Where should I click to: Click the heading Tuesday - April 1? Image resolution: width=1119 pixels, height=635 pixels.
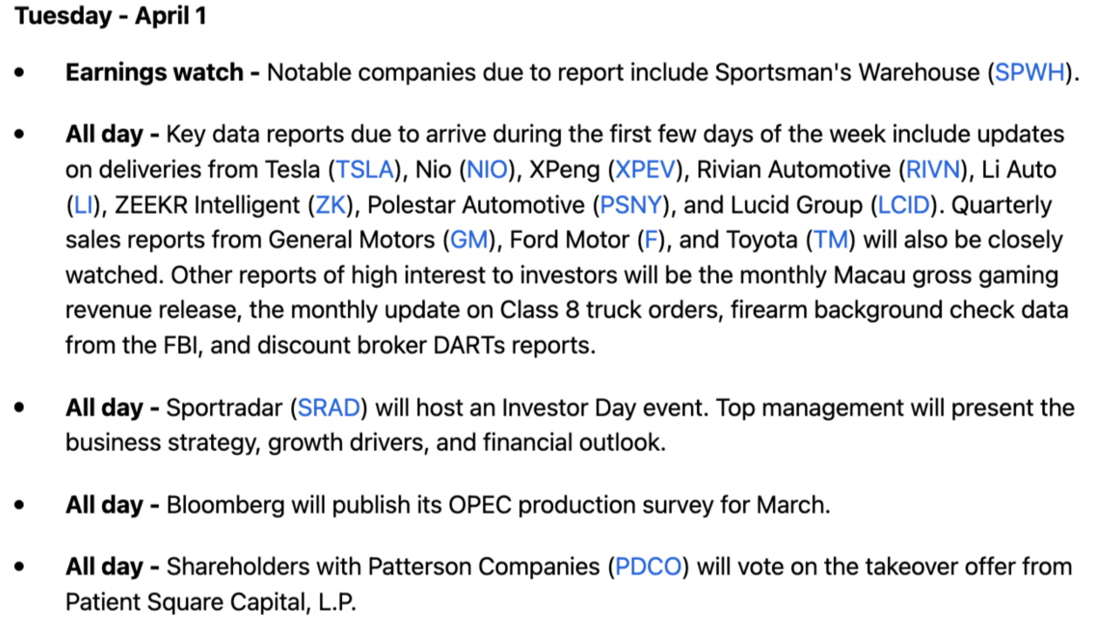pos(111,16)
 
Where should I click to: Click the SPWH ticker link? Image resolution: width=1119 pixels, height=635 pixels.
pos(1029,72)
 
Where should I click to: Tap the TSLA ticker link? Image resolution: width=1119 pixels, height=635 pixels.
pos(365,169)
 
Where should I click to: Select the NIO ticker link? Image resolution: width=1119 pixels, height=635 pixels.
pos(487,169)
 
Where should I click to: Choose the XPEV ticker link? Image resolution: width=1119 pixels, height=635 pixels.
pos(645,169)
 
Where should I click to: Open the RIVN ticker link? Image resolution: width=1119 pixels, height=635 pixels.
pos(932,169)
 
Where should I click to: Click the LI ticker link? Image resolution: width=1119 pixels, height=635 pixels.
pos(83,205)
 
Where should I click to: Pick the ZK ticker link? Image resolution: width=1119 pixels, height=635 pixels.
pos(331,205)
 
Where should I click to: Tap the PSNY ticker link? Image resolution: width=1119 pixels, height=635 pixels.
pos(631,205)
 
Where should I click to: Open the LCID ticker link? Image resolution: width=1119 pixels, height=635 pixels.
pos(904,205)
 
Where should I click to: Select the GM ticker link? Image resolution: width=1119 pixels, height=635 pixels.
pos(468,240)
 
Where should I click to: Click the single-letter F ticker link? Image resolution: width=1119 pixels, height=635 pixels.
pos(651,240)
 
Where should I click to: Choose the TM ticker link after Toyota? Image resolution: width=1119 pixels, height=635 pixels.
pos(831,240)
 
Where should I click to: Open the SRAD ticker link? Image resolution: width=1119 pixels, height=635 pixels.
pos(329,407)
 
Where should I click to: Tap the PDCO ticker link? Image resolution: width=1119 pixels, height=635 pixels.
pos(648,567)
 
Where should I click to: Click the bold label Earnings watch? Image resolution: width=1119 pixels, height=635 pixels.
pos(154,72)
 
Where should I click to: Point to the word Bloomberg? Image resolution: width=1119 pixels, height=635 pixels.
pos(225,505)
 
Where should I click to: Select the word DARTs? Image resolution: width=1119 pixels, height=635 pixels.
pos(469,345)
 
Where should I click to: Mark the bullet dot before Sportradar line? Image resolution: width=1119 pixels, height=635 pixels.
pos(19,407)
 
